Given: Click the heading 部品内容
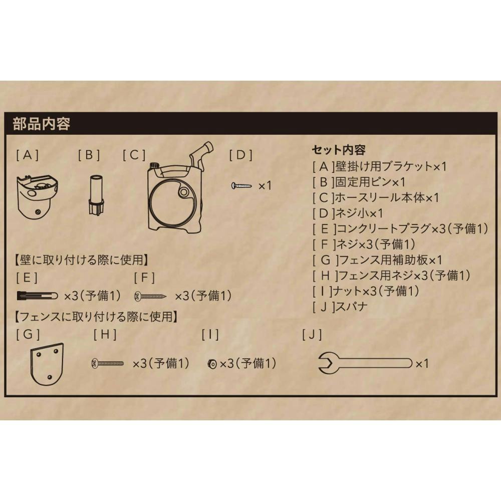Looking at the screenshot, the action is (42, 124).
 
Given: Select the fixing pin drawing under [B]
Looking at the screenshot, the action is (96, 194).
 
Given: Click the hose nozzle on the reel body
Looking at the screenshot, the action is (201, 154).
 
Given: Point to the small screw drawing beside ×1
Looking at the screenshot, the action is (241, 185).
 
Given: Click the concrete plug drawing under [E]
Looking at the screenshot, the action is (38, 296).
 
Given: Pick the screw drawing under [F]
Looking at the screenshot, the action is (150, 296).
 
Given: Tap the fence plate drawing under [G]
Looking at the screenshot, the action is (47, 364).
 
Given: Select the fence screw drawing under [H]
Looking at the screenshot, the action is (107, 363).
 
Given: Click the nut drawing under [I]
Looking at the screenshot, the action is (212, 364).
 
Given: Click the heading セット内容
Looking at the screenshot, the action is (339, 150).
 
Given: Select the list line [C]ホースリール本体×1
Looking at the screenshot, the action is (376, 197).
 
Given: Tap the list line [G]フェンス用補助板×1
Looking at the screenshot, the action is (377, 260).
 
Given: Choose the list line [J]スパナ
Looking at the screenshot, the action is (340, 307).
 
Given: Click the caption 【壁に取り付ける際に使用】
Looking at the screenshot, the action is (82, 260).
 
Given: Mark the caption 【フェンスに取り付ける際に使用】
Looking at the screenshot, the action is (96, 317).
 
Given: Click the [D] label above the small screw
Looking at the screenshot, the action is (241, 155).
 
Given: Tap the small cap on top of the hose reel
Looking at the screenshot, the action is (155, 165).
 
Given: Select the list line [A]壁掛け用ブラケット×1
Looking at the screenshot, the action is (379, 166).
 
